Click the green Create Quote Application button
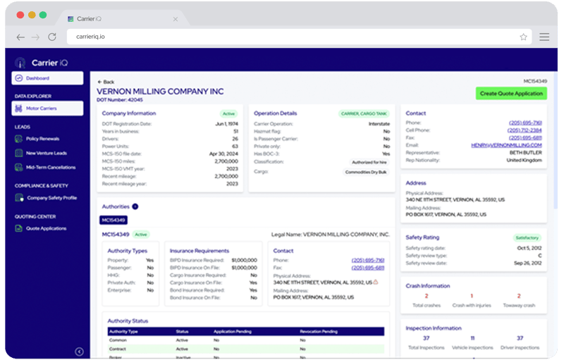(511, 93)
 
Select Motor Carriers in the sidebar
(47, 108)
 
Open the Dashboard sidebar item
(47, 78)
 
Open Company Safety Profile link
(51, 198)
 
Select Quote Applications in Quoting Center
(46, 228)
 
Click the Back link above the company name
(106, 82)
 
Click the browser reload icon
(51, 37)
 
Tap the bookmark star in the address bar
(523, 37)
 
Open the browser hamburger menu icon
(544, 37)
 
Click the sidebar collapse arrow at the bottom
(79, 352)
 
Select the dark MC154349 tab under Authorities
(113, 220)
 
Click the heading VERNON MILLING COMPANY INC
(160, 92)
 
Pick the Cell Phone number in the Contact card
(525, 130)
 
